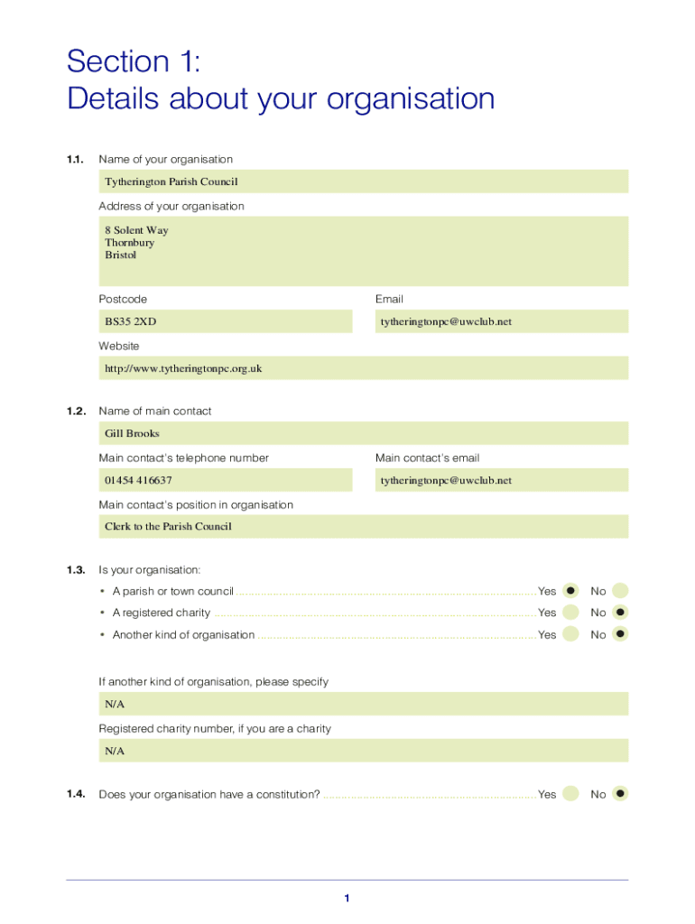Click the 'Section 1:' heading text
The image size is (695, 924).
pos(134,61)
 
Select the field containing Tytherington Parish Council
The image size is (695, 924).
pos(363,181)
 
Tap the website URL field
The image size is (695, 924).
pos(363,368)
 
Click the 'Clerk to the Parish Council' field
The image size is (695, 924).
pos(363,527)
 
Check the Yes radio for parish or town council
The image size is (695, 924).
pos(570,591)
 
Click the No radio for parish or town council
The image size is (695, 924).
pos(620,591)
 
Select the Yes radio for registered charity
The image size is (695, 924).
pos(570,613)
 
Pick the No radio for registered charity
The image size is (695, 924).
pos(620,613)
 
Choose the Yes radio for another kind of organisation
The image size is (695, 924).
pos(570,634)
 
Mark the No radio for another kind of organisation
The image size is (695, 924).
pos(620,634)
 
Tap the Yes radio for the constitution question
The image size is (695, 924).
pos(570,794)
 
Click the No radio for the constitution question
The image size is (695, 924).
pos(620,794)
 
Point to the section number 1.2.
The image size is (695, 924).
pos(75,411)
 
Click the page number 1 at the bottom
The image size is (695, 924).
pos(347,898)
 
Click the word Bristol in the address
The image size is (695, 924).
pos(120,255)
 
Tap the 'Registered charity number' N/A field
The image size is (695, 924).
pos(363,751)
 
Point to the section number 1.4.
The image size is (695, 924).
pos(75,794)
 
